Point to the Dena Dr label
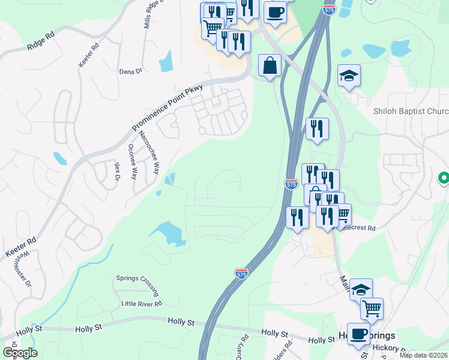pos(130,71)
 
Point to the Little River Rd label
pos(142,304)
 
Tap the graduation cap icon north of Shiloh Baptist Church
pos(349,76)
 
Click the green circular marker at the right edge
pos(444,178)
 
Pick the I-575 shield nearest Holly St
pos(241,274)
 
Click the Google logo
pos(19,353)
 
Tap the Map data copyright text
pos(423,355)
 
